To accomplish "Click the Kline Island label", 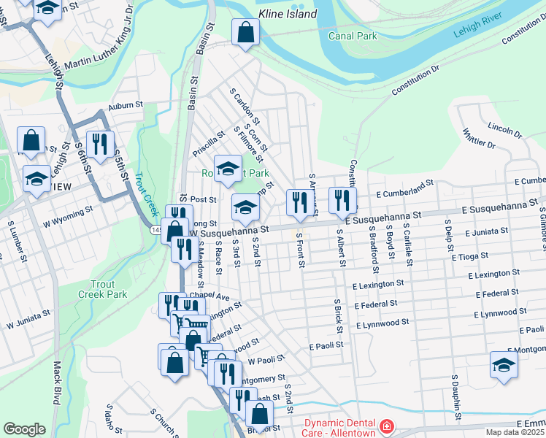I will tap(288, 14).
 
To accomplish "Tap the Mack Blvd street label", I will tap(56, 383).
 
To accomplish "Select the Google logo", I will tap(24, 429).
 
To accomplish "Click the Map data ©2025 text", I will tap(515, 432).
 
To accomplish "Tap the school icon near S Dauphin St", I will tap(504, 365).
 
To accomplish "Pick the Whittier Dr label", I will tap(479, 137).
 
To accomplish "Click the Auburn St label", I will tap(126, 106).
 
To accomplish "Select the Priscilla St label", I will tap(208, 144).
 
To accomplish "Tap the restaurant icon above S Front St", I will tap(298, 202).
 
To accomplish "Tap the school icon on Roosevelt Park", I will tap(228, 169).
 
